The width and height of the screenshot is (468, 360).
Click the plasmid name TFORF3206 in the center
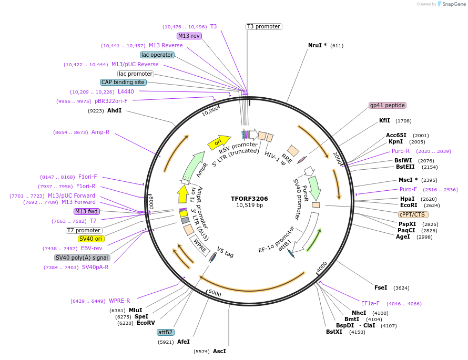pyautogui.click(x=249, y=199)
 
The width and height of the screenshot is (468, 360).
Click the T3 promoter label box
pyautogui.click(x=263, y=26)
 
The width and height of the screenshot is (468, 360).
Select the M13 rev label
pyautogui.click(x=189, y=36)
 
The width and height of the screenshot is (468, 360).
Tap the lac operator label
pyautogui.click(x=157, y=55)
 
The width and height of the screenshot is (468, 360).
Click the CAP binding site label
pyautogui.click(x=123, y=82)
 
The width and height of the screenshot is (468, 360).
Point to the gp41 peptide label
pyautogui.click(x=388, y=105)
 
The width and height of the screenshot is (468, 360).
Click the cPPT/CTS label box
pyautogui.click(x=413, y=214)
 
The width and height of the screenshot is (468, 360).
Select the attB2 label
pyautogui.click(x=166, y=332)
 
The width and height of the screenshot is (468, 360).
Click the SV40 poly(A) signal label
pyautogui.click(x=82, y=258)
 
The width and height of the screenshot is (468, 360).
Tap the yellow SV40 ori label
pyautogui.click(x=91, y=239)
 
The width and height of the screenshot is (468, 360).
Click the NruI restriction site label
pyautogui.click(x=318, y=45)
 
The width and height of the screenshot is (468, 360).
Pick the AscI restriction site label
pyautogui.click(x=219, y=351)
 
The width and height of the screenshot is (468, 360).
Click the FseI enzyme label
pyautogui.click(x=381, y=287)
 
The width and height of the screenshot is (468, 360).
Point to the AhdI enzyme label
pyautogui.click(x=114, y=110)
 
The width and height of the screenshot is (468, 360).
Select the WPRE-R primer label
pyautogui.click(x=119, y=301)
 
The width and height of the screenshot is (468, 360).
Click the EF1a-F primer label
pyautogui.click(x=370, y=303)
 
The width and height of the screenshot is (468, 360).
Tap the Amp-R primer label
pyautogui.click(x=100, y=132)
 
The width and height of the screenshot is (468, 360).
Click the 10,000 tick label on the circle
pyautogui.click(x=210, y=111)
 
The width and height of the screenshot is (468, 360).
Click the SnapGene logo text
pyautogui.click(x=454, y=4)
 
